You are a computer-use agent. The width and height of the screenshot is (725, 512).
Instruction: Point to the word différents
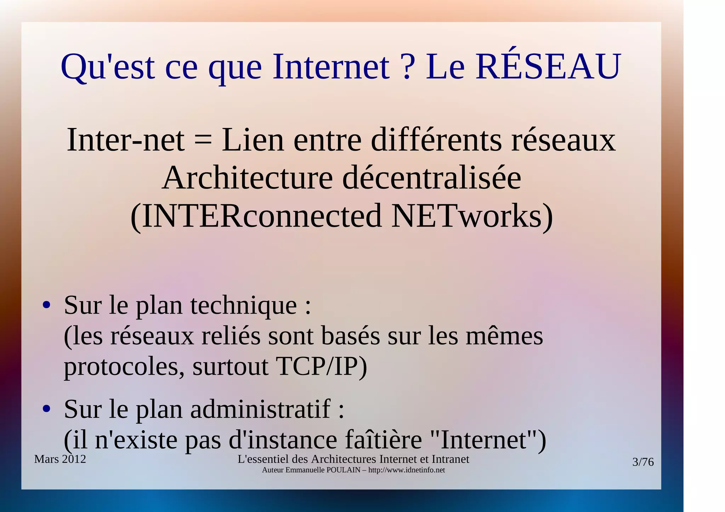click(x=436, y=140)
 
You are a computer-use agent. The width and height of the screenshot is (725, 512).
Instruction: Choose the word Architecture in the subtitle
click(x=247, y=178)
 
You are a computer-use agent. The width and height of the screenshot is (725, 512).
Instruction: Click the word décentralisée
click(x=432, y=178)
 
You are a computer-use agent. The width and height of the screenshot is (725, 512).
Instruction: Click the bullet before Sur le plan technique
click(x=46, y=305)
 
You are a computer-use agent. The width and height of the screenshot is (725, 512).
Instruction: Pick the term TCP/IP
click(x=321, y=367)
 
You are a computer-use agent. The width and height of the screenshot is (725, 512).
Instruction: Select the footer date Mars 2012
click(x=60, y=459)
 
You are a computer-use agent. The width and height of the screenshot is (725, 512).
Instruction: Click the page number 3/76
click(x=643, y=462)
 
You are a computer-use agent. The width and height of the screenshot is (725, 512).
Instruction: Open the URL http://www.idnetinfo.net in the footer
click(x=406, y=470)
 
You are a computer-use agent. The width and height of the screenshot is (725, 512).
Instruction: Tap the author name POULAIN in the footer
click(x=344, y=470)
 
